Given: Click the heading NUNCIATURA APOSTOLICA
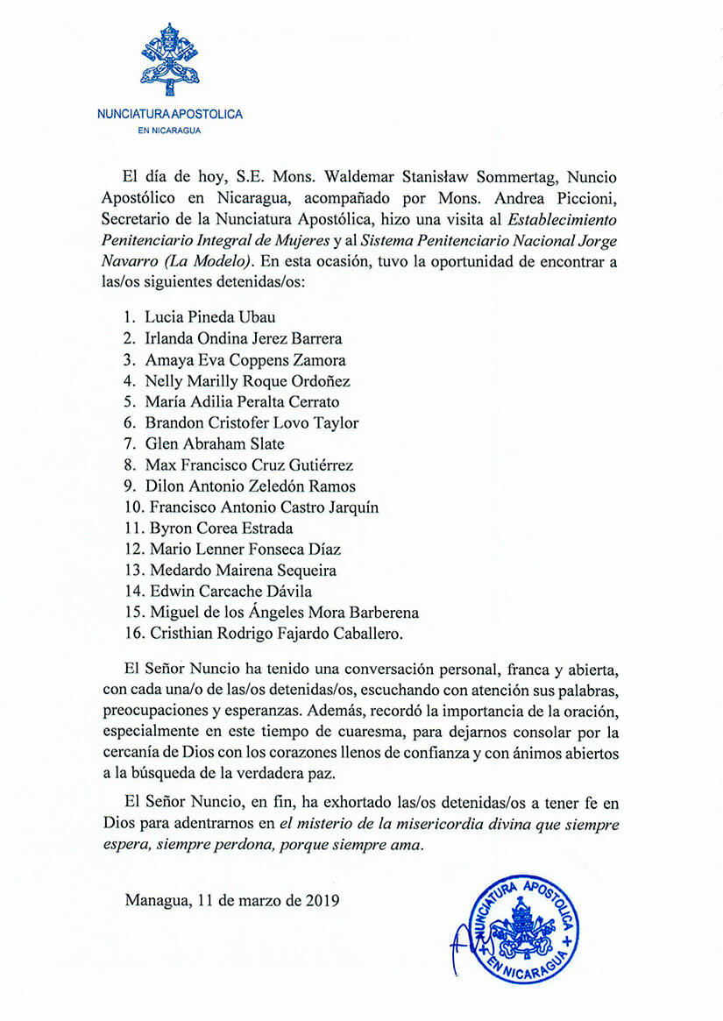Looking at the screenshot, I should click(169, 114).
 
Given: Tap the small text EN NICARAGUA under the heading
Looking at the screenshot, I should click(169, 131).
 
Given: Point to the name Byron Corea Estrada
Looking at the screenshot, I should click(221, 528).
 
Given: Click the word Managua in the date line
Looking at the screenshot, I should click(156, 900).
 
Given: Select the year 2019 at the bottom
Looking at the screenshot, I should click(321, 900).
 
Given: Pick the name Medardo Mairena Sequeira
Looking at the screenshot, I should click(230, 571).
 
